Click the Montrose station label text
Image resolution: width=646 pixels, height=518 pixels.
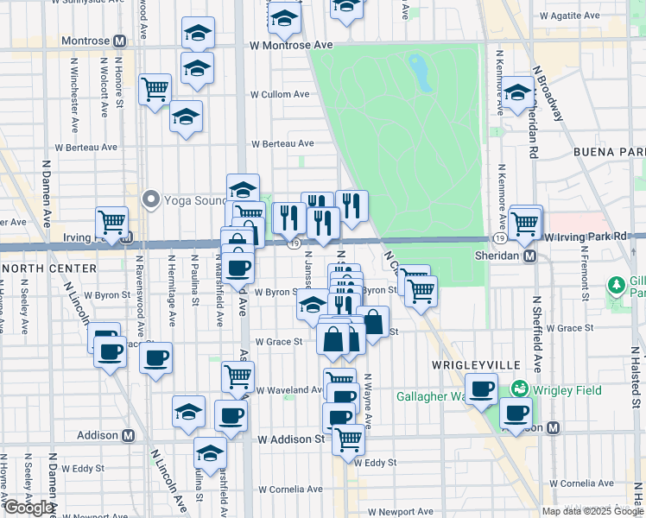pyautogui.click(x=85, y=41)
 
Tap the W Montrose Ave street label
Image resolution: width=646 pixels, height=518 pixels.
pyautogui.click(x=291, y=45)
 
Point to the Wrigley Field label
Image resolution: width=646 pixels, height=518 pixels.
pyautogui.click(x=567, y=390)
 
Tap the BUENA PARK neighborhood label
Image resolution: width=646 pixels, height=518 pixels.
pyautogui.click(x=610, y=152)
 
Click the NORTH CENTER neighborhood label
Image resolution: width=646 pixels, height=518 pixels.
pyautogui.click(x=39, y=268)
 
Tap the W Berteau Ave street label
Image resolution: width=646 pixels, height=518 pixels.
pyautogui.click(x=282, y=144)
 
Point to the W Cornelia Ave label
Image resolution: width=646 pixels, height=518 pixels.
pyautogui.click(x=289, y=490)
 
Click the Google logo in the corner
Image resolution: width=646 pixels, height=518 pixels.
pyautogui.click(x=28, y=508)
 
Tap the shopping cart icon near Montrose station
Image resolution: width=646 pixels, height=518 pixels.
pyautogui.click(x=155, y=88)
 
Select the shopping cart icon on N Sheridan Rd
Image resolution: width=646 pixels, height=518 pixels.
pyautogui.click(x=525, y=222)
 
